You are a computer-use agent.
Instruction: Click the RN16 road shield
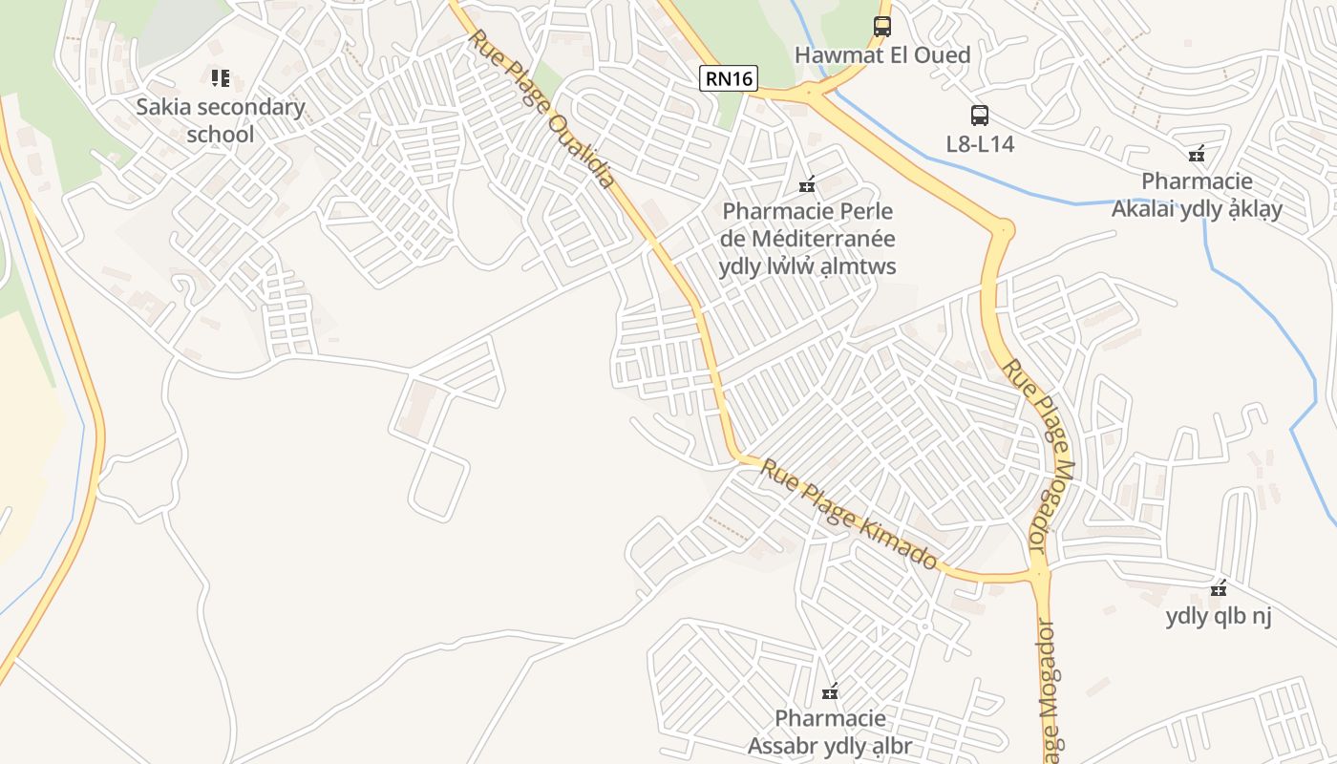(x=730, y=78)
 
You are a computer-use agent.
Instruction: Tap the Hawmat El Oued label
(x=881, y=55)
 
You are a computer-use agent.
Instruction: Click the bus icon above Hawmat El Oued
(x=882, y=27)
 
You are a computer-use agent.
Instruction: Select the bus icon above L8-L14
(x=980, y=116)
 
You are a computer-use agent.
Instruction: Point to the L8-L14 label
(x=980, y=144)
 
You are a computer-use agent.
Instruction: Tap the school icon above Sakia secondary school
(x=221, y=77)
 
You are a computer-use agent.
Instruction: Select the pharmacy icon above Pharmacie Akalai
(x=1197, y=154)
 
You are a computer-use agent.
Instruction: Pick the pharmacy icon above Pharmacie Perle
(x=808, y=184)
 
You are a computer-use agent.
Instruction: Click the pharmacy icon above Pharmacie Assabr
(x=830, y=691)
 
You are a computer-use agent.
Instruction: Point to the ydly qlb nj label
(x=1219, y=617)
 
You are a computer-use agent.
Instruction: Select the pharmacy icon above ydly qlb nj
(x=1219, y=588)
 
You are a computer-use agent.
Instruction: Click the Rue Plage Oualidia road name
(x=541, y=109)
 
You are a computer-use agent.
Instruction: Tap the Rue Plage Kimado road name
(x=848, y=513)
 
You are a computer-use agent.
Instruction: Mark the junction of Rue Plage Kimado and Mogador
(x=1040, y=574)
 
